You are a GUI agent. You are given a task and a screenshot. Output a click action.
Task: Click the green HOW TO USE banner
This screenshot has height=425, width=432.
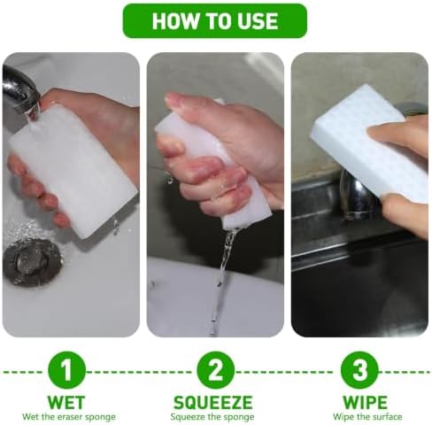(x=215, y=20)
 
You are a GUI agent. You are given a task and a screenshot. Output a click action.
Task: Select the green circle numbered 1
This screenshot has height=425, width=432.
(x=66, y=370)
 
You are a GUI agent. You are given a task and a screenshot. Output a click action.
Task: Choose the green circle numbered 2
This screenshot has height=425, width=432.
(x=216, y=370)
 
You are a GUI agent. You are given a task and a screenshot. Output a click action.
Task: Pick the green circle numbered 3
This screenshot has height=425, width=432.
(x=359, y=370)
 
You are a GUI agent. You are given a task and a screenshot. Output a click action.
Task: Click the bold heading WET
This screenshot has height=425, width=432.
(x=66, y=402)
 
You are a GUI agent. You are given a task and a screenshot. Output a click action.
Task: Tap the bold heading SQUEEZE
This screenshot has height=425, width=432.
(x=212, y=402)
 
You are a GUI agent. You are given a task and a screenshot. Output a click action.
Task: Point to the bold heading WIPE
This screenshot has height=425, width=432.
(x=365, y=402)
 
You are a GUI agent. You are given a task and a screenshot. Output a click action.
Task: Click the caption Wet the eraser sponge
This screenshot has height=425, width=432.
(x=69, y=417)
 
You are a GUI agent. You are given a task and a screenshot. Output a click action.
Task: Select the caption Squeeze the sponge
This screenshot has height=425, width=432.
(x=212, y=417)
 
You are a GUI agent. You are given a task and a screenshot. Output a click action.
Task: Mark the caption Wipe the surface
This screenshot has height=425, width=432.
(x=367, y=417)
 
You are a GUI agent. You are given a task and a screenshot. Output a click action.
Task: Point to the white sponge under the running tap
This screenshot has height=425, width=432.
(x=73, y=171)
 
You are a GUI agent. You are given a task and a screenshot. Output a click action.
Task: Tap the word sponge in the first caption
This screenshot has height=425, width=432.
(x=100, y=418)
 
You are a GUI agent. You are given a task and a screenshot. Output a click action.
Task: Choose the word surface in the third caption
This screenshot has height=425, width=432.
(x=386, y=417)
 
